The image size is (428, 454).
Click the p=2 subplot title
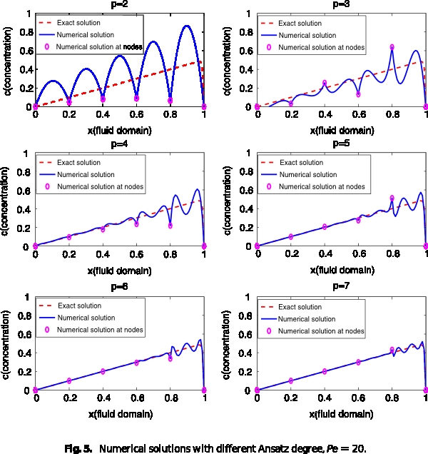(118, 4)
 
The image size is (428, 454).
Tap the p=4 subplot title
(118, 143)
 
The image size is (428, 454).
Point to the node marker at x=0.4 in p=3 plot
(325, 83)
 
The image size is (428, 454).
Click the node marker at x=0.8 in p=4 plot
(170, 226)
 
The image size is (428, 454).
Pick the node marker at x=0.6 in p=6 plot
(136, 363)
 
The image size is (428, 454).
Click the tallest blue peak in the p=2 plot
(187, 26)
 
